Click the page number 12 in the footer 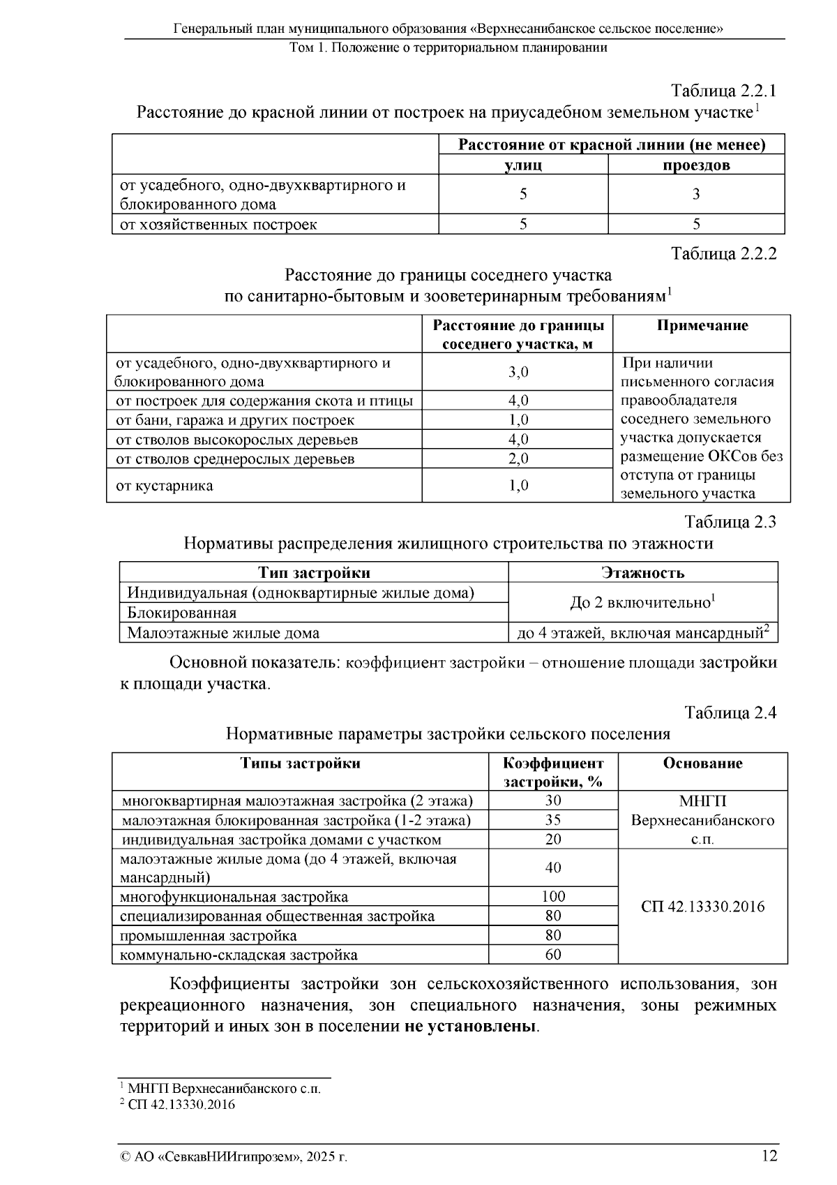(769, 1156)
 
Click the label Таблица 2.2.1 (723, 91)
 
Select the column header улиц (523, 165)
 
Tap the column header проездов (695, 165)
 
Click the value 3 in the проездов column (695, 194)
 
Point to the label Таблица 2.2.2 (723, 253)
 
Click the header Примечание (702, 326)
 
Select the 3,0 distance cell (518, 372)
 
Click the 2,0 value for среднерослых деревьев (518, 459)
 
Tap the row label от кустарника (165, 485)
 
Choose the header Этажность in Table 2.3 (642, 573)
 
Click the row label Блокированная (181, 613)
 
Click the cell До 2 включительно (642, 602)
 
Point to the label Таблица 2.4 (730, 713)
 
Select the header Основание (702, 763)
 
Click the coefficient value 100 (553, 896)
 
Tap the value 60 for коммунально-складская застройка (553, 954)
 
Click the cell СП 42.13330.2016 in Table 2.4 (702, 907)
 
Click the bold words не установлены (471, 1028)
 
